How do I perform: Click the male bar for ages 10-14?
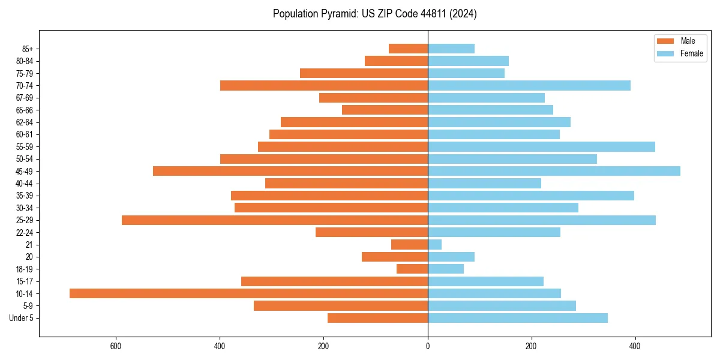[248, 293]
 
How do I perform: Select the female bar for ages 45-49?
[554, 171]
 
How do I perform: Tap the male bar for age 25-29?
[275, 220]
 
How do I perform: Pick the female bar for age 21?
[434, 245]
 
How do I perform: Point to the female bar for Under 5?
[517, 318]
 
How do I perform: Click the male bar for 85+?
[408, 49]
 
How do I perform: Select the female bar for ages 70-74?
[529, 85]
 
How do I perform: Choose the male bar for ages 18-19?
[412, 269]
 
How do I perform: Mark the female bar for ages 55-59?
[541, 146]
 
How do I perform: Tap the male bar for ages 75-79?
[364, 73]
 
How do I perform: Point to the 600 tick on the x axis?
[116, 346]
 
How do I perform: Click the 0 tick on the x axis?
[428, 346]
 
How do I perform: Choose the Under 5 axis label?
[21, 318]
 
